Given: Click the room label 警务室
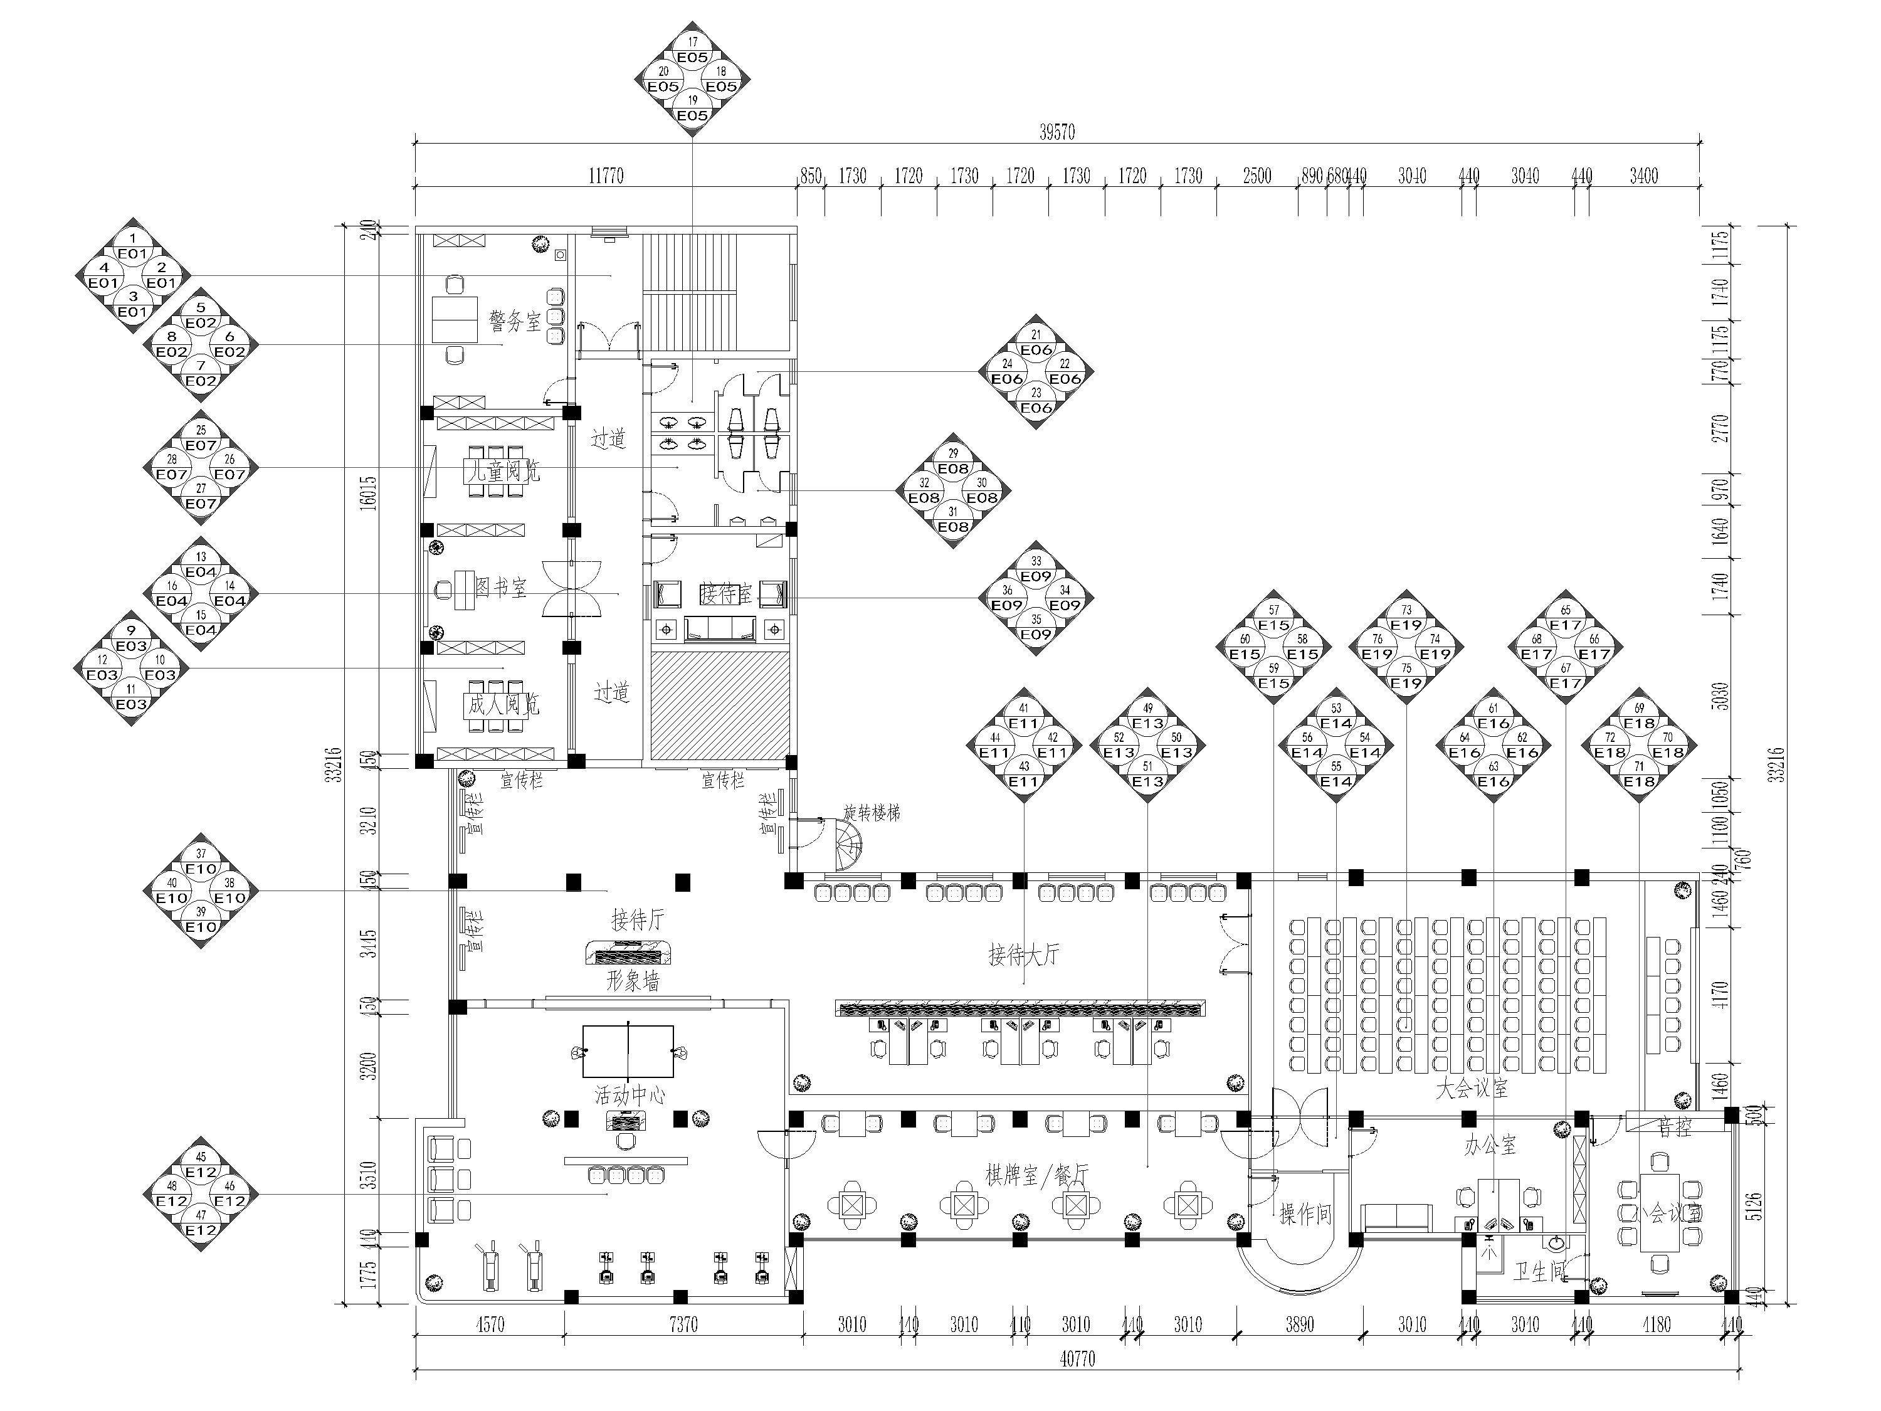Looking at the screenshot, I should click(x=515, y=322).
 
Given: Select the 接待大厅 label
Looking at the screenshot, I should click(x=1024, y=954).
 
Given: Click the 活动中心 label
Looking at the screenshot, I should click(x=630, y=1094).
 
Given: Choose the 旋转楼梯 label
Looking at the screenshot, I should click(x=872, y=812).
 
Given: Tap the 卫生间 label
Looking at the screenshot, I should click(x=1539, y=1272).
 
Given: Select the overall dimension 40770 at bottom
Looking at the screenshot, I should click(x=1077, y=1359).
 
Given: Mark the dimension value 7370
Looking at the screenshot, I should click(x=683, y=1324).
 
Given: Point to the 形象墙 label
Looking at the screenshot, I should click(x=633, y=981).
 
